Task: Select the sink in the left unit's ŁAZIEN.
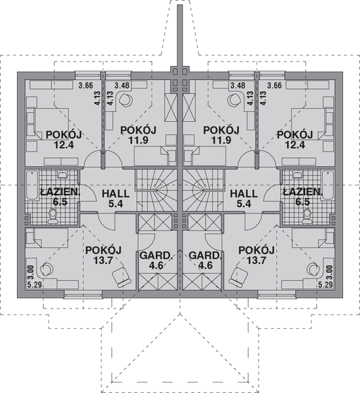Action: click(x=61, y=175)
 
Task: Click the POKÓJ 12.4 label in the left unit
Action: click(x=63, y=140)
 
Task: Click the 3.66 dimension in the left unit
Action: click(x=84, y=86)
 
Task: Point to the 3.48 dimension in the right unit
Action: click(x=237, y=86)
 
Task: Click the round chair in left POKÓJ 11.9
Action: click(x=126, y=99)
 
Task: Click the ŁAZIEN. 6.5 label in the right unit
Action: click(x=302, y=196)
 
